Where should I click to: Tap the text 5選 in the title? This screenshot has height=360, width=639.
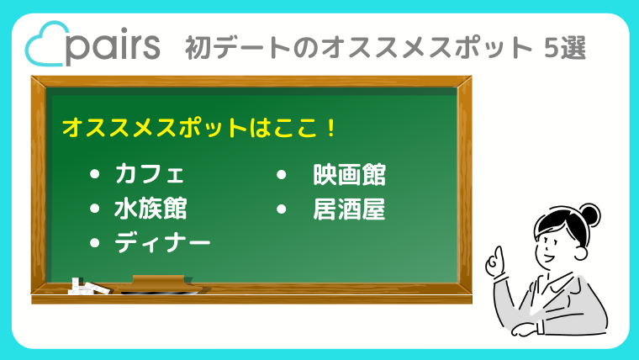pyautogui.click(x=565, y=48)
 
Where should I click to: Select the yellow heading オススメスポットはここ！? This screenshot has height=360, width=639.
pyautogui.click(x=199, y=128)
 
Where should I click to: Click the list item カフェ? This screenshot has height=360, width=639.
pyautogui.click(x=150, y=174)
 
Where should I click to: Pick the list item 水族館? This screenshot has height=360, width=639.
pyautogui.click(x=151, y=209)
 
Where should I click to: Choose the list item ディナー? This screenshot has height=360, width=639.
pyautogui.click(x=162, y=243)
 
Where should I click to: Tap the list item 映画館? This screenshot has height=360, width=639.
pyautogui.click(x=349, y=175)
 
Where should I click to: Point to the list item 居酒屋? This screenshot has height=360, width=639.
pyautogui.click(x=349, y=209)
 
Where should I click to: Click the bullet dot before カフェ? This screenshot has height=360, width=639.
pyautogui.click(x=94, y=174)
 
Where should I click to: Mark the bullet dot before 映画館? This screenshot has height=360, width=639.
pyautogui.click(x=281, y=175)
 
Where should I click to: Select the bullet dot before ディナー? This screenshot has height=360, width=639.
pyautogui.click(x=94, y=243)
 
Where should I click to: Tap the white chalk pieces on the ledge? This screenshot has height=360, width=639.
pyautogui.click(x=89, y=287)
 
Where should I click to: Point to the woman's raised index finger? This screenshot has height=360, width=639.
pyautogui.click(x=498, y=253)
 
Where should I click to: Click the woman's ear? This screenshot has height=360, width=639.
pyautogui.click(x=581, y=251)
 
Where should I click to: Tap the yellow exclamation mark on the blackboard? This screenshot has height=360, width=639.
pyautogui.click(x=331, y=128)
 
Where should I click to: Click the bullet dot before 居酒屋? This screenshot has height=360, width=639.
pyautogui.click(x=281, y=209)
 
